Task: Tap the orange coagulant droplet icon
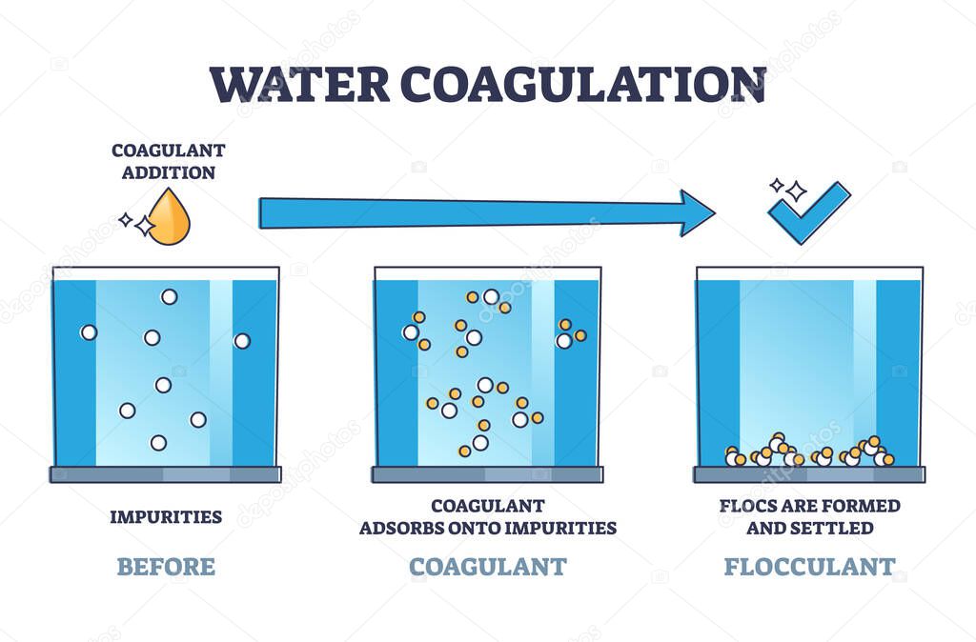coord(170,217)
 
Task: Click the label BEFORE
coord(166,567)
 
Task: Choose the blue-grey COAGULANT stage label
coord(487,567)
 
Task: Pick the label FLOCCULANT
coord(809,567)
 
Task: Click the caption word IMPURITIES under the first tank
coord(166,517)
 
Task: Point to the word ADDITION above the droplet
coord(163,172)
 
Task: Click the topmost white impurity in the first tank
coord(169,296)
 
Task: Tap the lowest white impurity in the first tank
coord(158,442)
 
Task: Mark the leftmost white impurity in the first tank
coord(89,332)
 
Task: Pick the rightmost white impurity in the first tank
coord(242,340)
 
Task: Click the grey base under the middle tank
coord(487,474)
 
